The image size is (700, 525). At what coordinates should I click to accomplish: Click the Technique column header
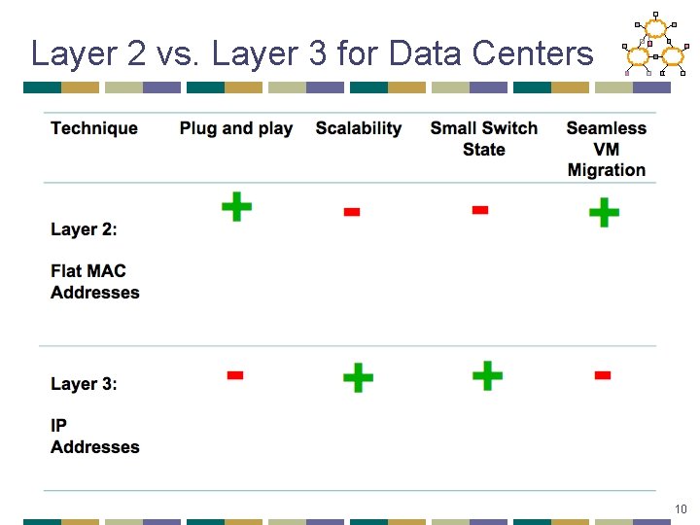94,128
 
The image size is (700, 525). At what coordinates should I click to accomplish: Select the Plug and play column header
235,128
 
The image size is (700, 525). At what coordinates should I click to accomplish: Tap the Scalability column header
358,128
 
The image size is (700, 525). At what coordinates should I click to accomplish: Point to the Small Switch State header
483,138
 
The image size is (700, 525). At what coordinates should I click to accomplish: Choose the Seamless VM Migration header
606,149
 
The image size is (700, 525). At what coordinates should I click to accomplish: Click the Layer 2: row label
84,229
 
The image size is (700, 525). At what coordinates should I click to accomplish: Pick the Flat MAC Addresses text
95,282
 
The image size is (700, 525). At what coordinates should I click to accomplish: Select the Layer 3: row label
84,384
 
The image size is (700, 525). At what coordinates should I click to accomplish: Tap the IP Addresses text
95,437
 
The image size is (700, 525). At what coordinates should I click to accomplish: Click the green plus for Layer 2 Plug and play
236,206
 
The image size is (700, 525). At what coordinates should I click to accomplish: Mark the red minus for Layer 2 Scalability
352,212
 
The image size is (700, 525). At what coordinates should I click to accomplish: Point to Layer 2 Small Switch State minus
479,209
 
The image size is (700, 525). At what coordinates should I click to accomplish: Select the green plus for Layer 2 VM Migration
604,211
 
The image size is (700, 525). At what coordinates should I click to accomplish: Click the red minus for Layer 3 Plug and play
234,375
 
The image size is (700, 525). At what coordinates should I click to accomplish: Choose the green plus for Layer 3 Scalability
358,377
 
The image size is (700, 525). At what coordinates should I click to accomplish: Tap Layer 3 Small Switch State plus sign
486,375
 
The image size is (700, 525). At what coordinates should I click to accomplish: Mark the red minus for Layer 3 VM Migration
602,374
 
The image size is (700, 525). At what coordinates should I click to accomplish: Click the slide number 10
680,508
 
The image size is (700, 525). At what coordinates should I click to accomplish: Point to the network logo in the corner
654,45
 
